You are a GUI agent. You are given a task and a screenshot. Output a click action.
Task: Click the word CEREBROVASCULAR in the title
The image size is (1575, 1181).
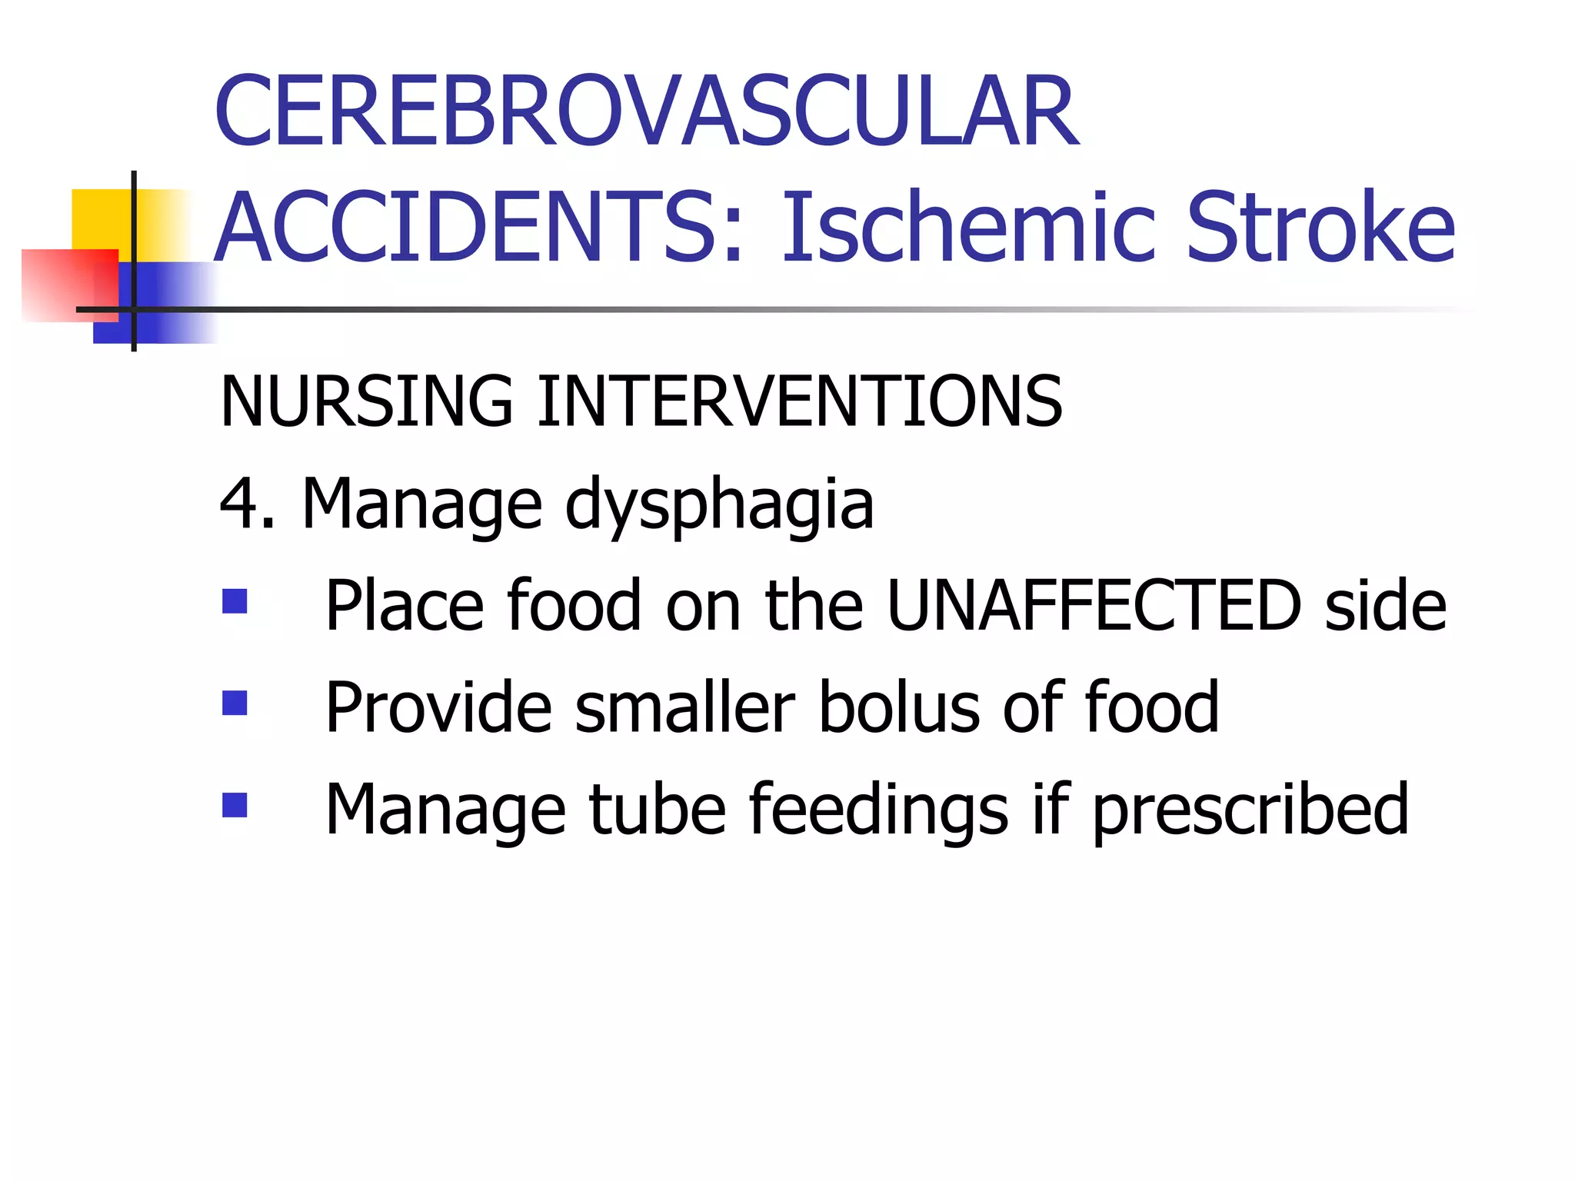click(646, 111)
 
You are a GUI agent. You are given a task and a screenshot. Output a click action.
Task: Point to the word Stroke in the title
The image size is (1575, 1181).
click(1320, 228)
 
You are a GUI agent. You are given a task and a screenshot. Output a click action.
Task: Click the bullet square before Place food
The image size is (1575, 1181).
click(235, 601)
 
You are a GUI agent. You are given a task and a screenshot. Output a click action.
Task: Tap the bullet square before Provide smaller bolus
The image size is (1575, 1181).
click(235, 703)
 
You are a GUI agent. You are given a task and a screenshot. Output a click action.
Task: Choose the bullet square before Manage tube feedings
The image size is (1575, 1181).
click(235, 805)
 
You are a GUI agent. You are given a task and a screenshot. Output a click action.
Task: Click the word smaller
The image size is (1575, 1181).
click(684, 707)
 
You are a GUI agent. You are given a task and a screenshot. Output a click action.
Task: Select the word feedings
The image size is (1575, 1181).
click(877, 811)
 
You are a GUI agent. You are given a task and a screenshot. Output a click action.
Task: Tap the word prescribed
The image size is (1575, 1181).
click(1250, 811)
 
